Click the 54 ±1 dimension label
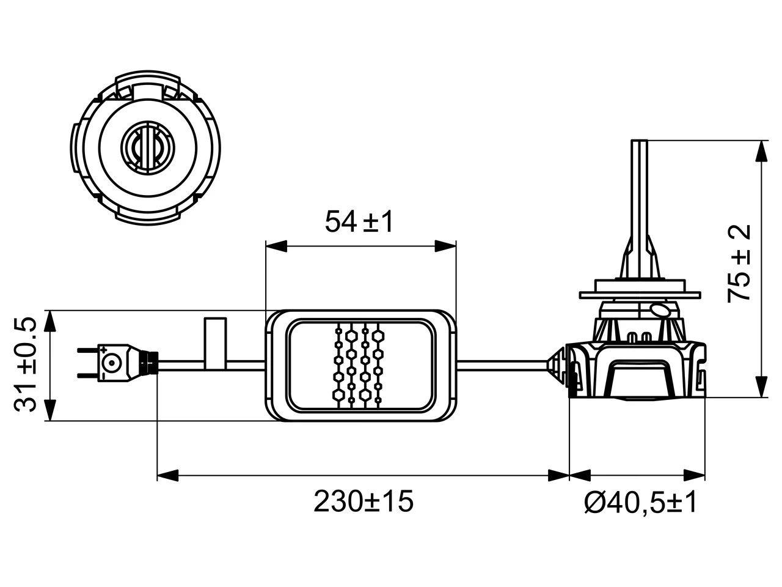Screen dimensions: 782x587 359,222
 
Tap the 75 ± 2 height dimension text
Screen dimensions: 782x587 739,264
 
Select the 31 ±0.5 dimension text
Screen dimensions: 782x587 26,364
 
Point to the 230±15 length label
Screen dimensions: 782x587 364,501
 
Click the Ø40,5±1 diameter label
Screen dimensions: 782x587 640,502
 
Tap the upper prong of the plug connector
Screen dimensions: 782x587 87,351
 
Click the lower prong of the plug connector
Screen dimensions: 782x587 87,375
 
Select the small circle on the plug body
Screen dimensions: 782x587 112,363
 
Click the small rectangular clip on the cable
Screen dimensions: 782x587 215,343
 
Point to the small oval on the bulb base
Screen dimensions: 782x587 659,310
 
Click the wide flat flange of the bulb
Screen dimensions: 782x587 640,295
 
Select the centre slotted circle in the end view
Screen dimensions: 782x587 147,147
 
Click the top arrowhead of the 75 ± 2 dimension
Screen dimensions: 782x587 761,152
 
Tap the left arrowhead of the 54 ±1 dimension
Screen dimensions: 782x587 277,246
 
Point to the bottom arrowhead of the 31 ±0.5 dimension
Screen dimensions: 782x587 51,410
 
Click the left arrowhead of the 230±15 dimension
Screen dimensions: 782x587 168,475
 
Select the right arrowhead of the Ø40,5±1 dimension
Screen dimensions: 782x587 695,475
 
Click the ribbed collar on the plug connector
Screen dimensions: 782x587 150,363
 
